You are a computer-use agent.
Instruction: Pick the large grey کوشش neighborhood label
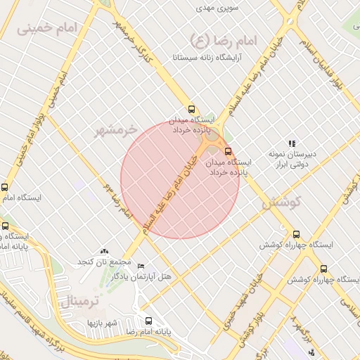click(x=281, y=203)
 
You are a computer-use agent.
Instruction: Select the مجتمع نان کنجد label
click(x=104, y=262)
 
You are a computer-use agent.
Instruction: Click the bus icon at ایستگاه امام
click(x=5, y=188)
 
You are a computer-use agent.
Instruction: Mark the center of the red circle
click(x=180, y=179)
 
